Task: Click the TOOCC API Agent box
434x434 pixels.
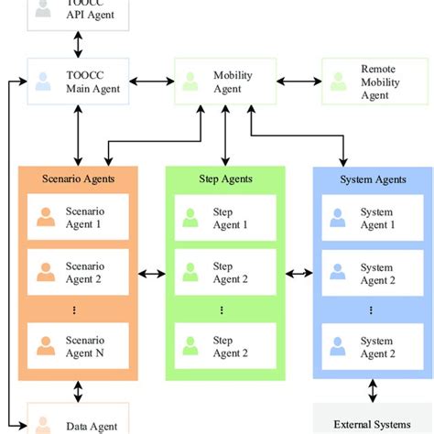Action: (77, 11)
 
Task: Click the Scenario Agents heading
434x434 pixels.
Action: (78, 179)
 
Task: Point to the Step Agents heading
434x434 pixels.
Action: (225, 179)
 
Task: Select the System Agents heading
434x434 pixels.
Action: (373, 179)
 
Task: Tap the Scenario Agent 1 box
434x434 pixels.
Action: (78, 218)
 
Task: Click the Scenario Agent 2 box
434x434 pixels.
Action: (78, 273)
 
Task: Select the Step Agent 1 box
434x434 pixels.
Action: (225, 218)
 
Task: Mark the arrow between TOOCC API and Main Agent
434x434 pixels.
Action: (77, 42)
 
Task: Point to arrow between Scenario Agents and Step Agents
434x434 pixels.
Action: (151, 272)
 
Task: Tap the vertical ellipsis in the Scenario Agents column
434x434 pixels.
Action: (78, 310)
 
